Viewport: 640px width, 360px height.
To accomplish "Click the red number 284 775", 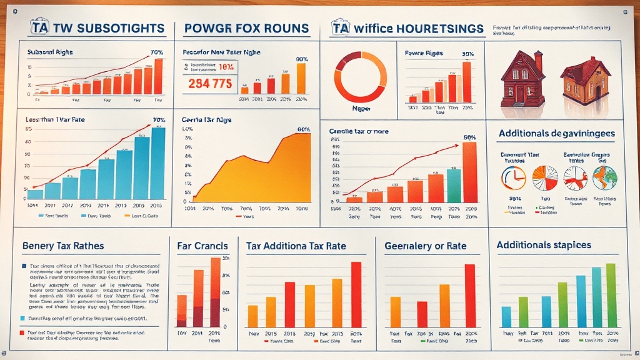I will click(x=209, y=84).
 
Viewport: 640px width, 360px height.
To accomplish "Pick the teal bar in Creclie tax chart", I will click(x=454, y=186).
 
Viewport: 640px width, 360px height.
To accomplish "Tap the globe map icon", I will click(x=605, y=177).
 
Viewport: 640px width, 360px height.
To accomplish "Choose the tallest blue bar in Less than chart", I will click(x=158, y=163).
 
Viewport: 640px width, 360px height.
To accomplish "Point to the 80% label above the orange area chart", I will click(x=304, y=130).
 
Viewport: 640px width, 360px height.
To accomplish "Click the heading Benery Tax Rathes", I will click(x=62, y=246).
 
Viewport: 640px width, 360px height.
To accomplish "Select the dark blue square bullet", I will click(x=24, y=266).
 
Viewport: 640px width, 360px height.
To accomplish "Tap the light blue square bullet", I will click(x=24, y=318).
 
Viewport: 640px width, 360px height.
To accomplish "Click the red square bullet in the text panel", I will click(x=24, y=334).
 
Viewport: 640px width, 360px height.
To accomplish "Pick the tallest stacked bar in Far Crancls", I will click(x=215, y=292).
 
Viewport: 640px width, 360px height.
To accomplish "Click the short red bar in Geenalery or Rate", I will click(x=422, y=314).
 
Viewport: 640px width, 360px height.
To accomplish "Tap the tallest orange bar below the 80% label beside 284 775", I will click(x=301, y=78).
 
